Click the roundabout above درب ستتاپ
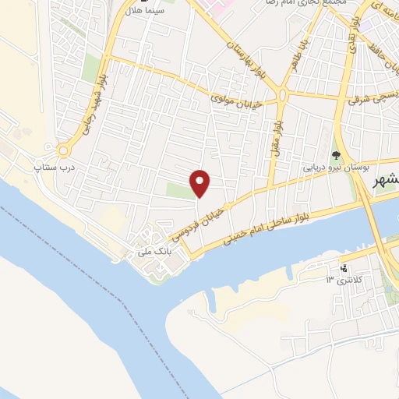click(64, 149)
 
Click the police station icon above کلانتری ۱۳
click(342, 268)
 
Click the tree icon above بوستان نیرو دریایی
click(336, 154)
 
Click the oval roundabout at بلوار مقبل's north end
click(281, 94)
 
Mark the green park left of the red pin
click(178, 189)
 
